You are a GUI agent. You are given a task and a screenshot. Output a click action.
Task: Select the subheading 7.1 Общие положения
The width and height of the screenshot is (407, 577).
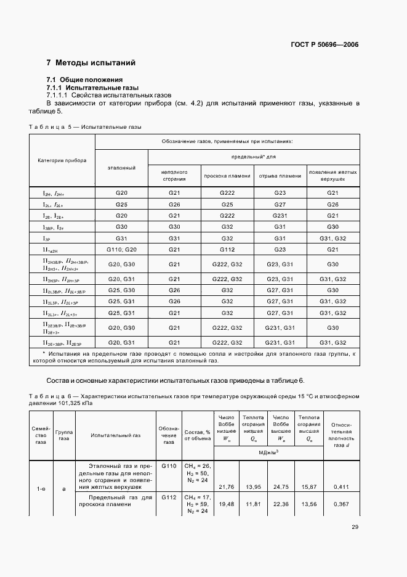point(86,80)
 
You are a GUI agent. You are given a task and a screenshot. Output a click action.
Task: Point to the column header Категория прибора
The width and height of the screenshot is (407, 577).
point(62,160)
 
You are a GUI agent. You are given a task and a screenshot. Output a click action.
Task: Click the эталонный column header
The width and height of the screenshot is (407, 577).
point(121,168)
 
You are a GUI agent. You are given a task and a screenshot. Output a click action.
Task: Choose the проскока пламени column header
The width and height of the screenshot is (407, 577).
point(227,176)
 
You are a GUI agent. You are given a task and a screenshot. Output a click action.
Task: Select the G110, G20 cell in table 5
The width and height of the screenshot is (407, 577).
point(121,249)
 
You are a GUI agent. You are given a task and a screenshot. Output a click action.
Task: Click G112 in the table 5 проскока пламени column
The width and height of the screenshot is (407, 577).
point(227,249)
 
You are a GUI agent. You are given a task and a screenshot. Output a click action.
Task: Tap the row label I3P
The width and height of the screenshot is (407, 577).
point(47,238)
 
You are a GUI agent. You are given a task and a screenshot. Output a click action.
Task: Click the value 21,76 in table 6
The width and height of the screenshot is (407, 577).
point(228,487)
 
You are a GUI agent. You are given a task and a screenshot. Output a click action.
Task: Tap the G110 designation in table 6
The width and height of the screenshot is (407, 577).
point(168,466)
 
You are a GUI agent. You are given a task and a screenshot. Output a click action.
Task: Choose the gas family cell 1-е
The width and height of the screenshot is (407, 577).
point(41,488)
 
